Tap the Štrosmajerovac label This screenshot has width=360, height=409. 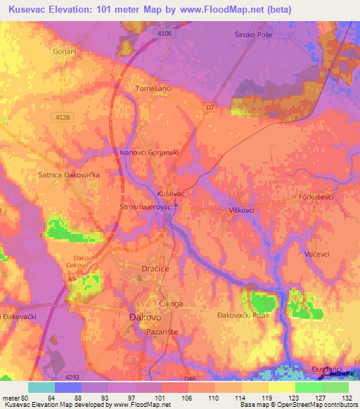tap(142, 207)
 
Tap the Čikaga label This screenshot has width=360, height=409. tap(170, 303)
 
